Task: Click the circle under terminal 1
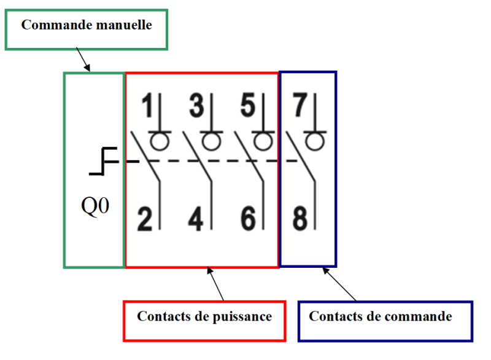point(160,141)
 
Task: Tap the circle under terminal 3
point(212,141)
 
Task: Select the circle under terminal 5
point(263,141)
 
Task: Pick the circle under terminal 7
point(315,141)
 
